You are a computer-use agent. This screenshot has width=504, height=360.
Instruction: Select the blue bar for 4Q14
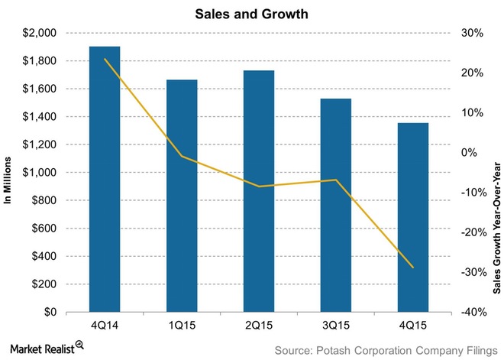point(105,180)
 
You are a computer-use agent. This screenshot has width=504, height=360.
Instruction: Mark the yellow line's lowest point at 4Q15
point(413,268)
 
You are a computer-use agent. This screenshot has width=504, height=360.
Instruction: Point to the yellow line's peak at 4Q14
point(105,59)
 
